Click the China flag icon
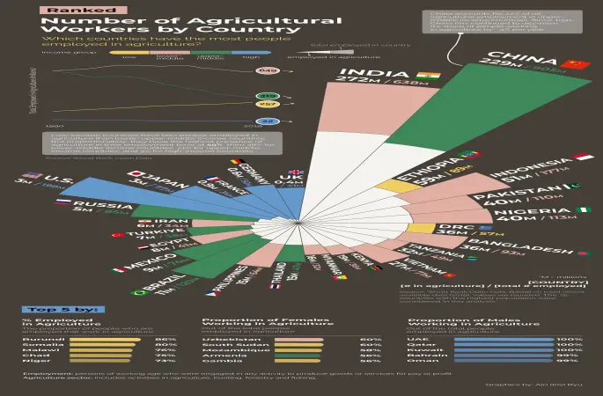click(x=577, y=64)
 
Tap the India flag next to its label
click(x=430, y=76)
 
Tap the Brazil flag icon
click(x=138, y=291)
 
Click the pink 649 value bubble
click(x=268, y=70)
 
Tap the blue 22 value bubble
click(x=268, y=121)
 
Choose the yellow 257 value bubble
click(x=268, y=105)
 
